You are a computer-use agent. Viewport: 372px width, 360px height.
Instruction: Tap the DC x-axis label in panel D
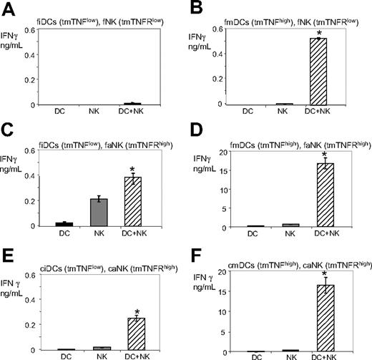tap(252, 233)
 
